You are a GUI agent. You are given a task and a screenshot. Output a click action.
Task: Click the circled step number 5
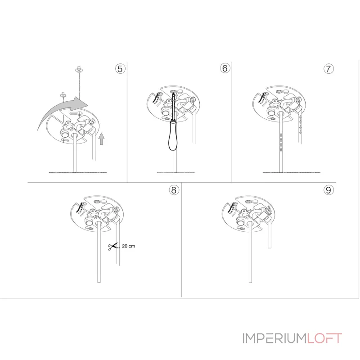click(x=120, y=69)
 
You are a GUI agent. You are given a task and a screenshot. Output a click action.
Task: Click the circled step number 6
click(x=225, y=68)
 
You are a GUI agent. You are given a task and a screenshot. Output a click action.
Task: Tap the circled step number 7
click(x=328, y=69)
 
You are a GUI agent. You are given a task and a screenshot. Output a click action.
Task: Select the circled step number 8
click(x=174, y=190)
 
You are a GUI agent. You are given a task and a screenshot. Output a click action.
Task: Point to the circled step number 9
click(x=328, y=190)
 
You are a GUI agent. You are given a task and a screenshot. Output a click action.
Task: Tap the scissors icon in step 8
click(x=113, y=247)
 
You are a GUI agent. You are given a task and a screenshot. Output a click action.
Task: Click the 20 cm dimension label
click(x=128, y=246)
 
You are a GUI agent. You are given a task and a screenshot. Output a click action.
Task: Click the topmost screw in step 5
click(x=79, y=69)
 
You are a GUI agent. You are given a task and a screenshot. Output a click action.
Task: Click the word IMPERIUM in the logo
click(x=274, y=338)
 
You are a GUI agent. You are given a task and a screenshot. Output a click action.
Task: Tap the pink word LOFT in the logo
click(x=324, y=338)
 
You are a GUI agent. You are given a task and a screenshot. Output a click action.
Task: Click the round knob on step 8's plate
click(x=89, y=222)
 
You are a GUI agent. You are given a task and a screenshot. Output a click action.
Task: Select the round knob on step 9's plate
click(x=240, y=222)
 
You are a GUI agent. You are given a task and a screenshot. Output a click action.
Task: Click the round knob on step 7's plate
click(x=271, y=112)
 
